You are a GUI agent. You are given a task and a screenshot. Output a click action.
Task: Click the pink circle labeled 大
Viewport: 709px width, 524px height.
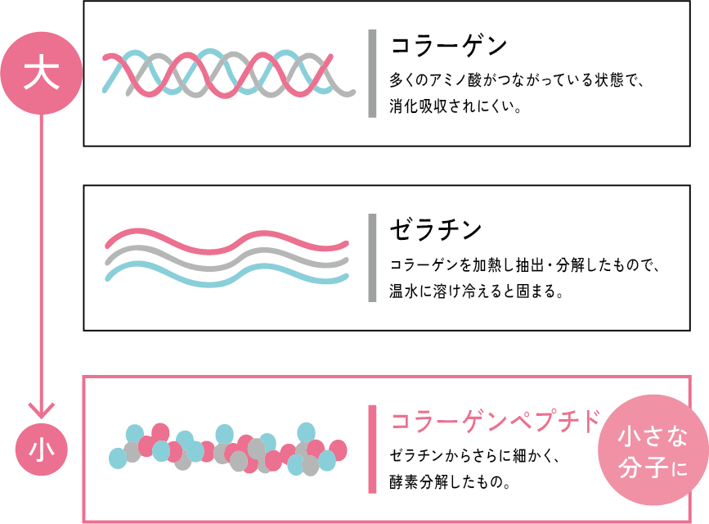(42, 73)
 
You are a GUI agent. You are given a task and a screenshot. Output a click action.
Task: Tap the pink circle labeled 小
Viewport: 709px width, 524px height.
(42, 449)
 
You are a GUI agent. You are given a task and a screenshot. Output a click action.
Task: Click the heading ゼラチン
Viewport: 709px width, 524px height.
(436, 229)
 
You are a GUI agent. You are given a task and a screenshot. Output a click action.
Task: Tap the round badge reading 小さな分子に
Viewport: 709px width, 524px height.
(653, 449)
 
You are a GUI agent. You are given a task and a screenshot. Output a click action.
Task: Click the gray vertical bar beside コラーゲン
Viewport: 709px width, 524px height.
(372, 74)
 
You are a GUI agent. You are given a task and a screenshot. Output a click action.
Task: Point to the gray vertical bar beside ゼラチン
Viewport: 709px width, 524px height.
(372, 258)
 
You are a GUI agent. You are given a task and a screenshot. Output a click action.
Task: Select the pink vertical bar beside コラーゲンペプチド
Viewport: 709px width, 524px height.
(372, 449)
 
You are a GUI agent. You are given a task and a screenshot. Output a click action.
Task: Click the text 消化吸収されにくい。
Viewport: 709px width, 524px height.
(455, 106)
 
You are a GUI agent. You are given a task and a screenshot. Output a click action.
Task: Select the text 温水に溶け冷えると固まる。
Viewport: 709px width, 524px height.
(477, 291)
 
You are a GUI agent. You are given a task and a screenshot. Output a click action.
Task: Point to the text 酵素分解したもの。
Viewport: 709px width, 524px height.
(451, 482)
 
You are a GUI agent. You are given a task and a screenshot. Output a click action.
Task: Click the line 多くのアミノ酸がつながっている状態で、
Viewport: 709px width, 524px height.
(516, 80)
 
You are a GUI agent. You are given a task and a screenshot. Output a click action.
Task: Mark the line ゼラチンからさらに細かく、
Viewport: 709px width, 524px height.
(475, 455)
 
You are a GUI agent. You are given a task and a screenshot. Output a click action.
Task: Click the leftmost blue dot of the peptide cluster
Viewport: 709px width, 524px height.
(118, 458)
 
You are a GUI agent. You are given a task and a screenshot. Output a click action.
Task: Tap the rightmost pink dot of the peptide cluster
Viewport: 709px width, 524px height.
(338, 450)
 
